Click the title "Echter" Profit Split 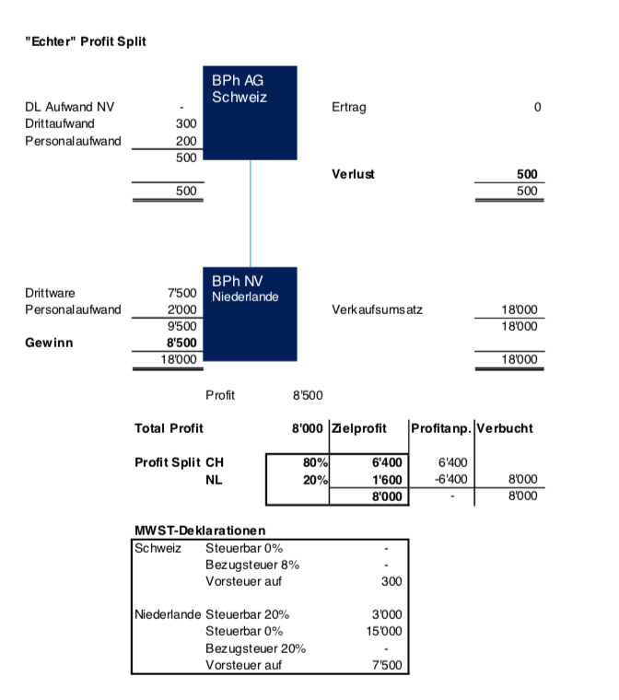point(85,41)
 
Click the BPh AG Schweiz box point(250,112)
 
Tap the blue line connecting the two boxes point(250,214)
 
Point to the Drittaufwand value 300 point(186,123)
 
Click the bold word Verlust point(353,174)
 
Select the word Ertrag point(348,107)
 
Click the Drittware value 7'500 point(181,294)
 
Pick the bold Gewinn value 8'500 point(181,343)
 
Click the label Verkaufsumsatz point(377,310)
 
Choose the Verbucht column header point(506,428)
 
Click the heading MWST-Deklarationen point(200,531)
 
